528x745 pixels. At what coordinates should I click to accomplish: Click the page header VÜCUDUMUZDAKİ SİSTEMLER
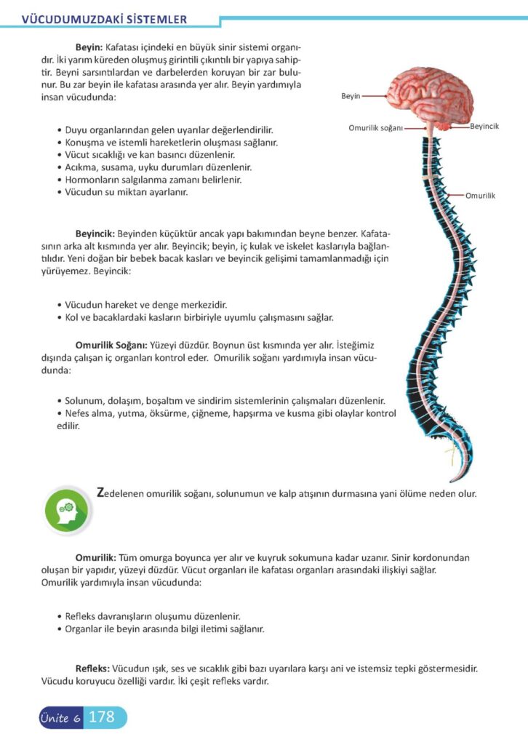(x=105, y=19)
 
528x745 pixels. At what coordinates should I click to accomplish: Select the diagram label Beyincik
(x=484, y=127)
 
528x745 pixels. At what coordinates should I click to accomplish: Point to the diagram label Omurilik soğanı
(x=375, y=127)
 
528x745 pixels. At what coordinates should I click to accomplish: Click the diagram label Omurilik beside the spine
(x=479, y=196)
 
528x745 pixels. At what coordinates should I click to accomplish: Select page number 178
(x=101, y=717)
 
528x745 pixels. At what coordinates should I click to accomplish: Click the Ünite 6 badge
(x=60, y=718)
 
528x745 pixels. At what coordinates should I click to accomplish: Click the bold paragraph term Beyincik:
(x=95, y=234)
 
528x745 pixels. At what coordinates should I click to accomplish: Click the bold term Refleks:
(x=92, y=668)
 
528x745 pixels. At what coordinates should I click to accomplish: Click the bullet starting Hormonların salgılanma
(x=153, y=179)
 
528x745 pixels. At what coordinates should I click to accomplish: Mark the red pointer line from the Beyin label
(x=376, y=95)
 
